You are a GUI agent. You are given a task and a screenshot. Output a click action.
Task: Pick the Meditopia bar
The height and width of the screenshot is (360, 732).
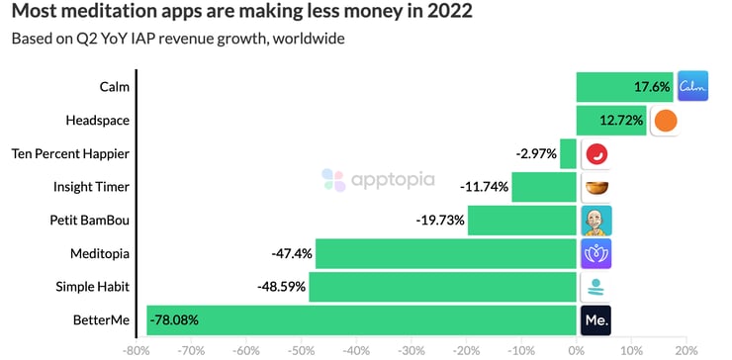pyautogui.click(x=445, y=253)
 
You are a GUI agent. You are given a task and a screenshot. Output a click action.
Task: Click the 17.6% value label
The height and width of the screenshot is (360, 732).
pyautogui.click(x=652, y=87)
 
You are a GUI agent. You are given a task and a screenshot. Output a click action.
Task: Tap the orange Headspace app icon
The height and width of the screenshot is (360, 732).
pyautogui.click(x=665, y=121)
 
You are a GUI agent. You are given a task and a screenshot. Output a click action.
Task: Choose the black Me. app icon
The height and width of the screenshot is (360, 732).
pyautogui.click(x=596, y=319)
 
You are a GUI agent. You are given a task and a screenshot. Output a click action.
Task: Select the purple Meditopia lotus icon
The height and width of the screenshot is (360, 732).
pyautogui.click(x=596, y=253)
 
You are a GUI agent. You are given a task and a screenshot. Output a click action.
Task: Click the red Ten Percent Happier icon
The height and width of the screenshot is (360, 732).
pyautogui.click(x=596, y=154)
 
